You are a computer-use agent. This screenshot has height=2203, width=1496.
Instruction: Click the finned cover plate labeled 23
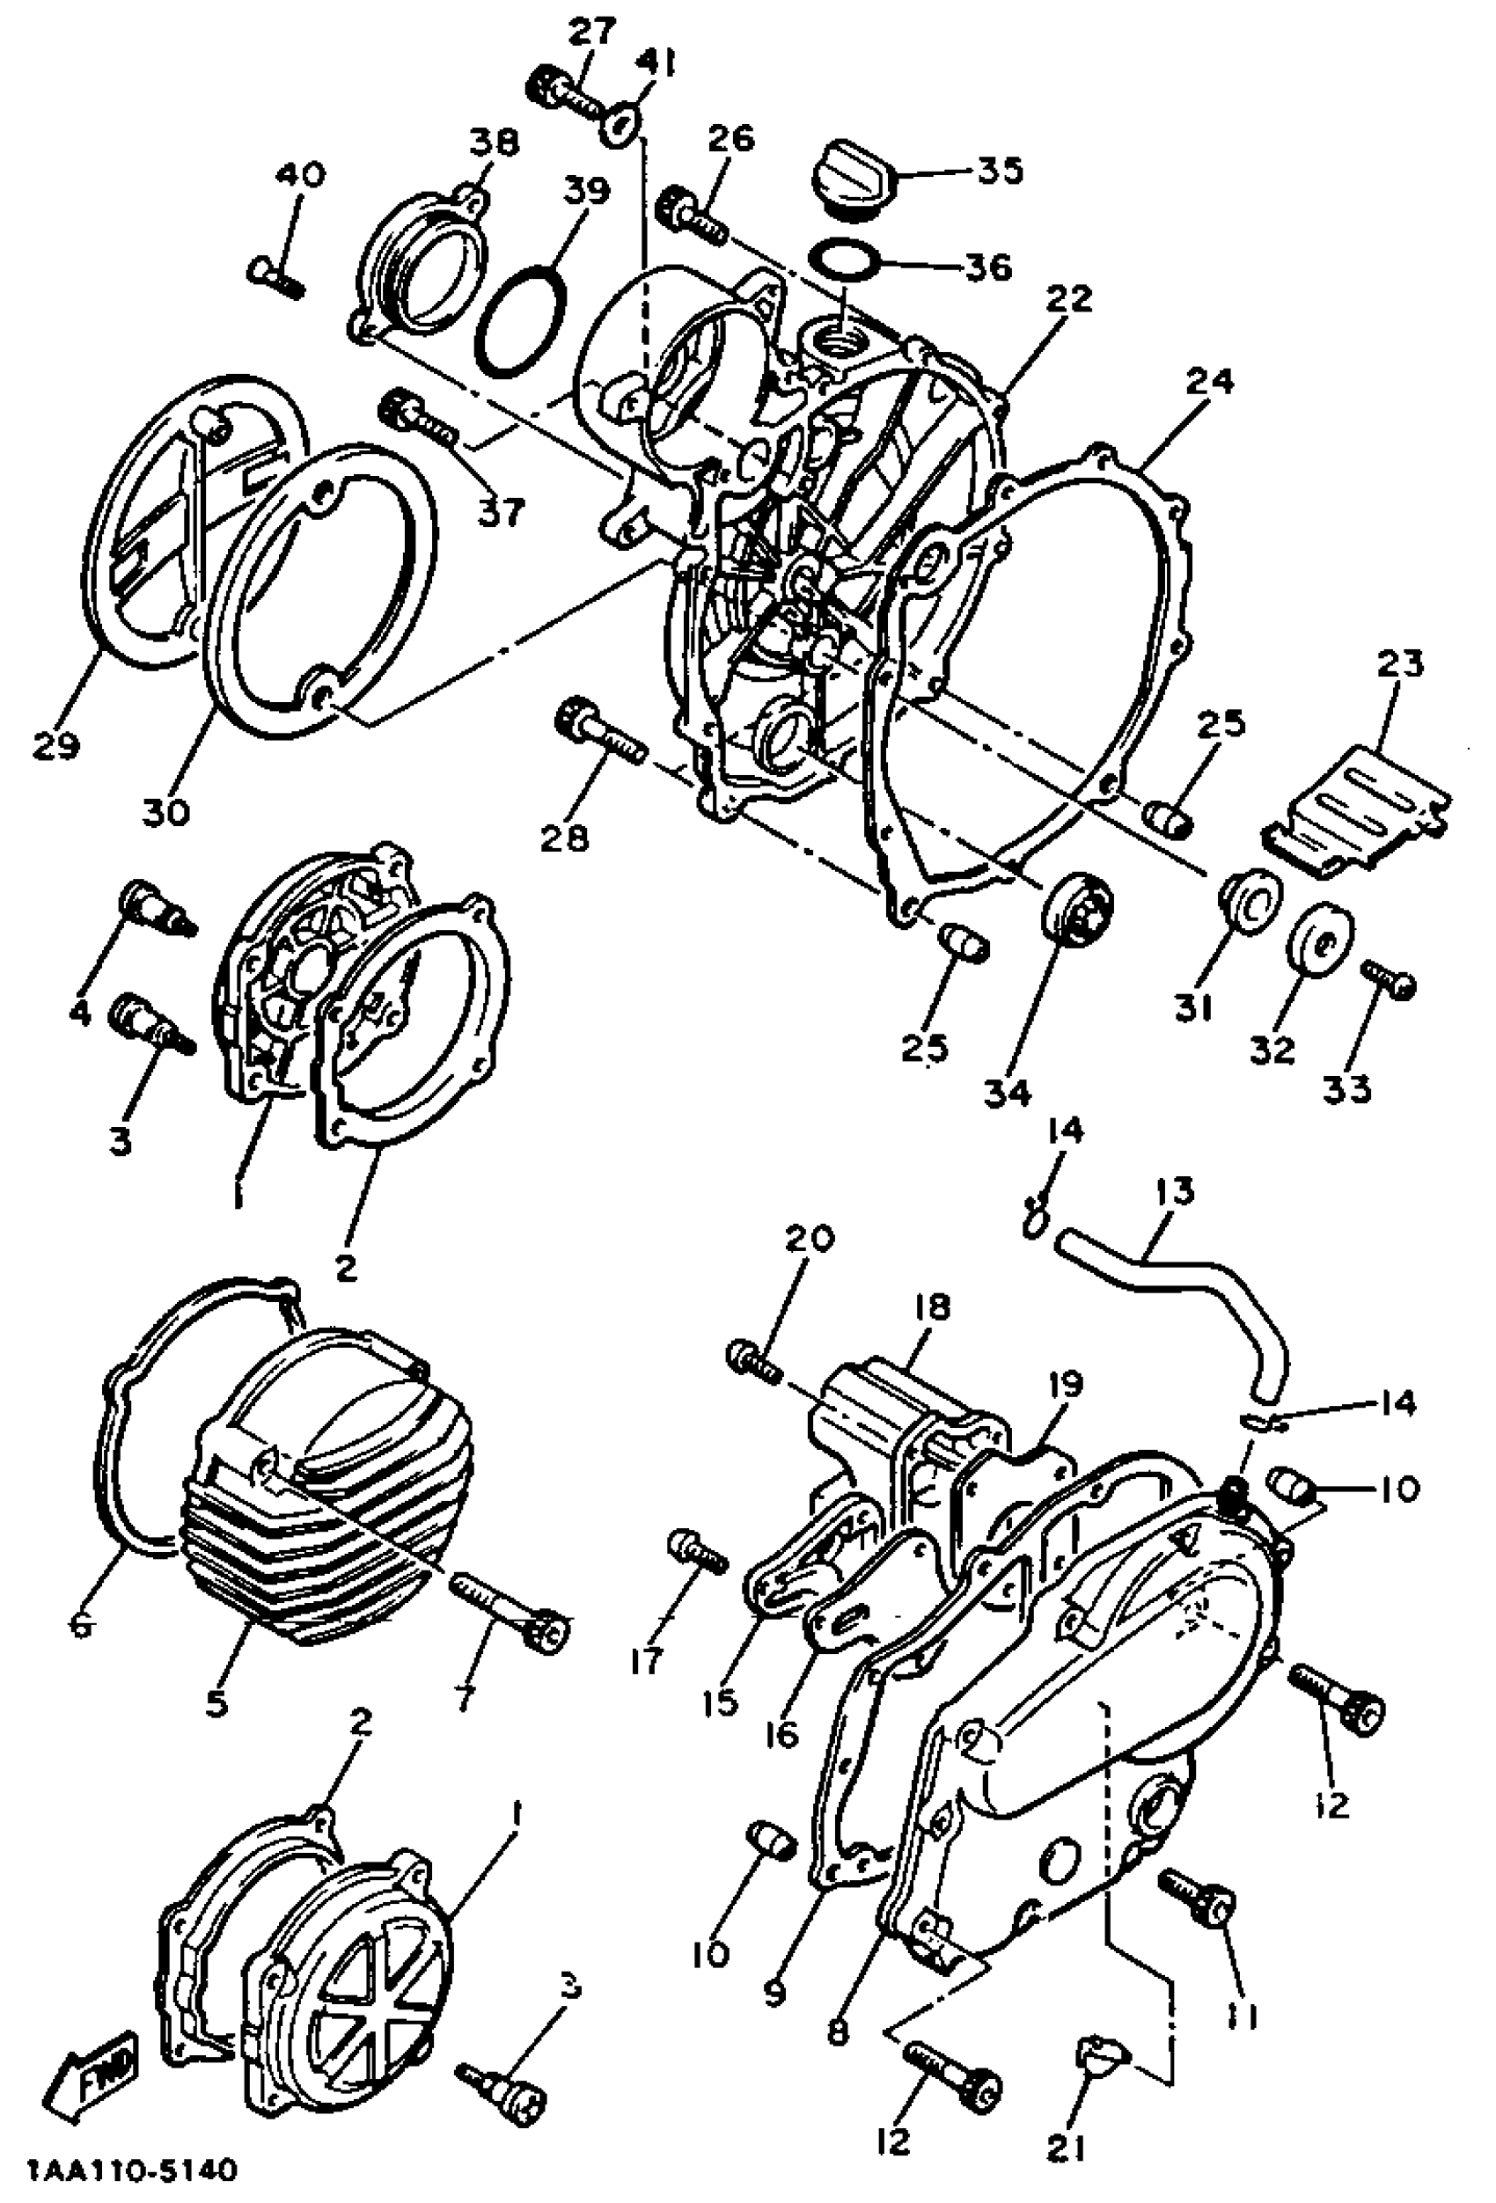tap(1356, 798)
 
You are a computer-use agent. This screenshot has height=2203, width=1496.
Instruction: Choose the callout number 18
tap(930, 1308)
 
